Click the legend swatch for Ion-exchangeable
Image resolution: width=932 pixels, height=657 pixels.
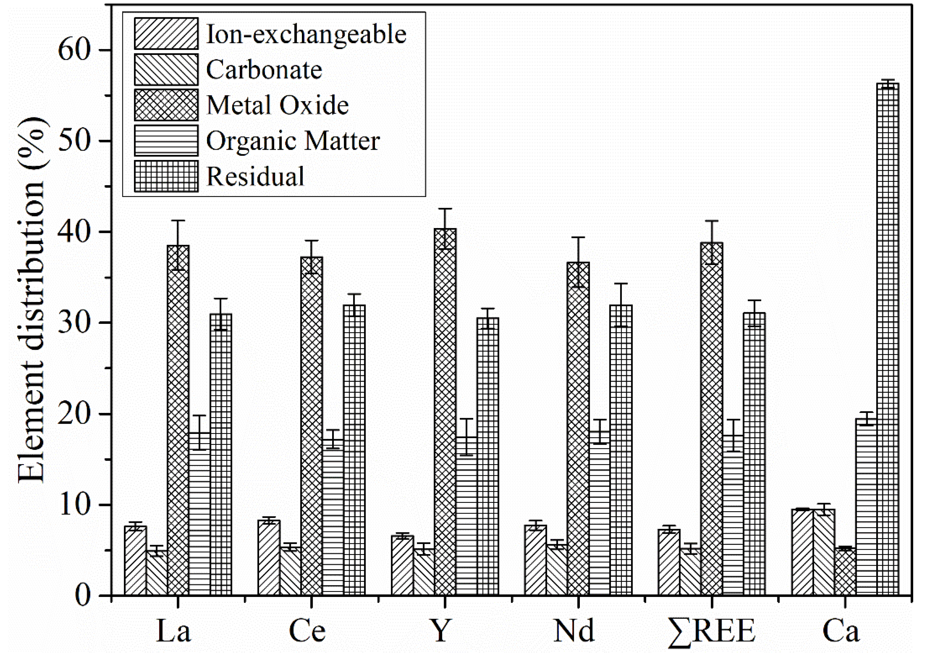pyautogui.click(x=166, y=34)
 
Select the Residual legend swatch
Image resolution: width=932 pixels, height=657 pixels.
pyautogui.click(x=166, y=176)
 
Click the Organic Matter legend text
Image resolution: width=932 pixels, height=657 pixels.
pyautogui.click(x=293, y=141)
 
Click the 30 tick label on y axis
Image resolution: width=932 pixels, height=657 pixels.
pyautogui.click(x=73, y=323)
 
